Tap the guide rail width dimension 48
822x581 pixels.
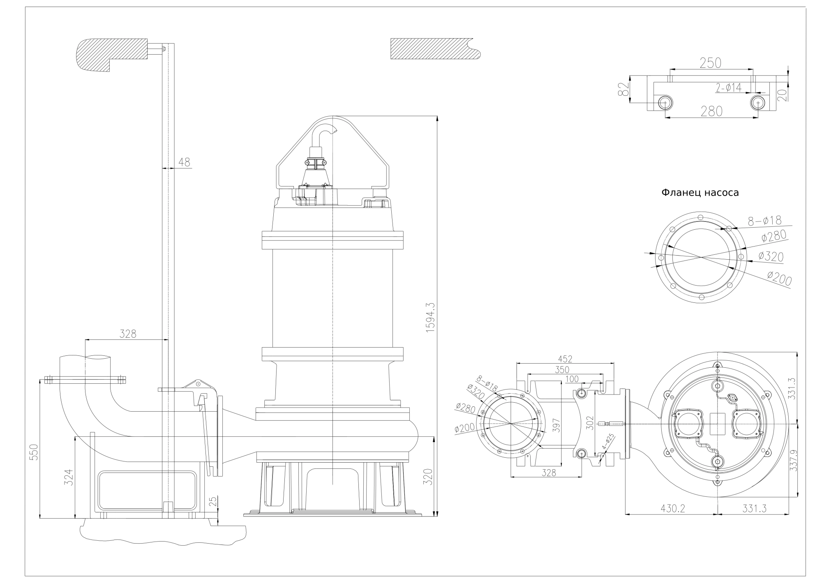coord(185,162)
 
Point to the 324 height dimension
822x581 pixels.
coord(69,477)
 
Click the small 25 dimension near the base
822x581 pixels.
coord(212,502)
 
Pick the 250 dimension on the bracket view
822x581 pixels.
coord(710,63)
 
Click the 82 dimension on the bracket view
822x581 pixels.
coord(623,89)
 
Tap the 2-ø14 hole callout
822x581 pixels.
coord(728,88)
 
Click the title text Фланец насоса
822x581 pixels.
coord(700,193)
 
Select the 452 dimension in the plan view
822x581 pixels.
coord(566,359)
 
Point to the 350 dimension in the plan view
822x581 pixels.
coord(562,369)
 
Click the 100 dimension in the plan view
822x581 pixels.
coord(572,379)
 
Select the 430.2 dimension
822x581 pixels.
coord(673,508)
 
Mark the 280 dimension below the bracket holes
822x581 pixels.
coord(711,111)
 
